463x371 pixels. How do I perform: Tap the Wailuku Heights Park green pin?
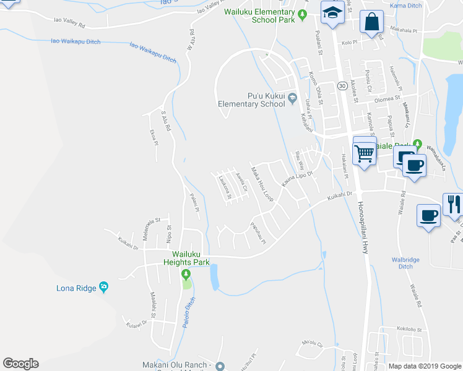coord(185,274)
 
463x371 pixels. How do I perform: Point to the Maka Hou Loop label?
coord(262,183)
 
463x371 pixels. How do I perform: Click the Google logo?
coord(20,364)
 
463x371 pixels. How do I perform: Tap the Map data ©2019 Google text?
coord(424,366)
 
